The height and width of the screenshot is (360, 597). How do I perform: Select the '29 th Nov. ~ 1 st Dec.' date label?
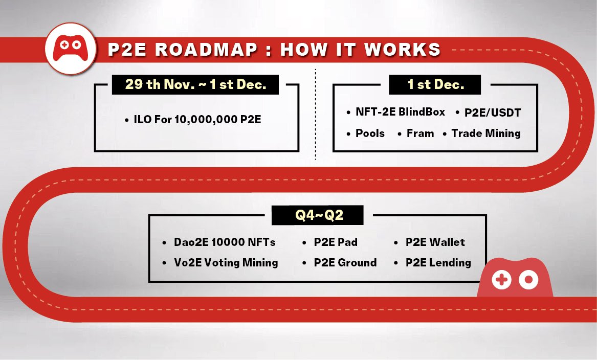(x=195, y=84)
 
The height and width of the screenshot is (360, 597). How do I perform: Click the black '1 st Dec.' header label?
(x=435, y=84)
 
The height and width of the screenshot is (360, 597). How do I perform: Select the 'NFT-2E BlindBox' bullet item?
(x=400, y=112)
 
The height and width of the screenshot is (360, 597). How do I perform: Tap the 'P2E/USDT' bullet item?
(x=492, y=112)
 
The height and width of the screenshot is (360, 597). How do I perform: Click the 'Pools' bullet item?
(x=370, y=133)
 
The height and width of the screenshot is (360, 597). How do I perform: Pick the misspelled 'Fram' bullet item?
(x=420, y=133)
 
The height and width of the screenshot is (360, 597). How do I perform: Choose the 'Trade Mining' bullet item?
(x=485, y=133)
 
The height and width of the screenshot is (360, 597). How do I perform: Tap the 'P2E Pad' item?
(x=335, y=242)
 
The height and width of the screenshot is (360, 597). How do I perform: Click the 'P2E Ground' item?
(x=345, y=263)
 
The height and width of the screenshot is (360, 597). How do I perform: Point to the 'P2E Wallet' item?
(x=435, y=242)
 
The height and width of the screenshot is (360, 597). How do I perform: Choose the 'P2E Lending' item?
(x=438, y=263)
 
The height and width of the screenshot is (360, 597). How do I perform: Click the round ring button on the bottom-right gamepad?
(x=528, y=280)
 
